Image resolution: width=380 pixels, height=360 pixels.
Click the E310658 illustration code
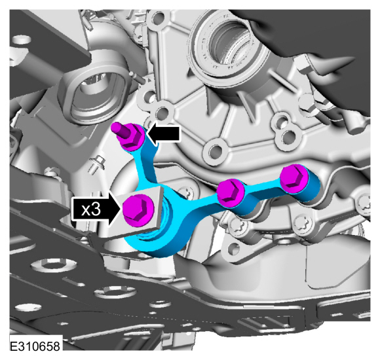coord(35,346)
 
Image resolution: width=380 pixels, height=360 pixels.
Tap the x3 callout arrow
coord(96,209)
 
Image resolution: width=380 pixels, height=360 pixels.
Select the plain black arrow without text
coord(164,134)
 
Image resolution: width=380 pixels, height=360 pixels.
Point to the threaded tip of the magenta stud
coord(116,126)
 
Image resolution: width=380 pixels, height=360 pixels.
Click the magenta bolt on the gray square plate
coord(138,210)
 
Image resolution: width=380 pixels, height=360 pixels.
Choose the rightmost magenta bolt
coord(294,178)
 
